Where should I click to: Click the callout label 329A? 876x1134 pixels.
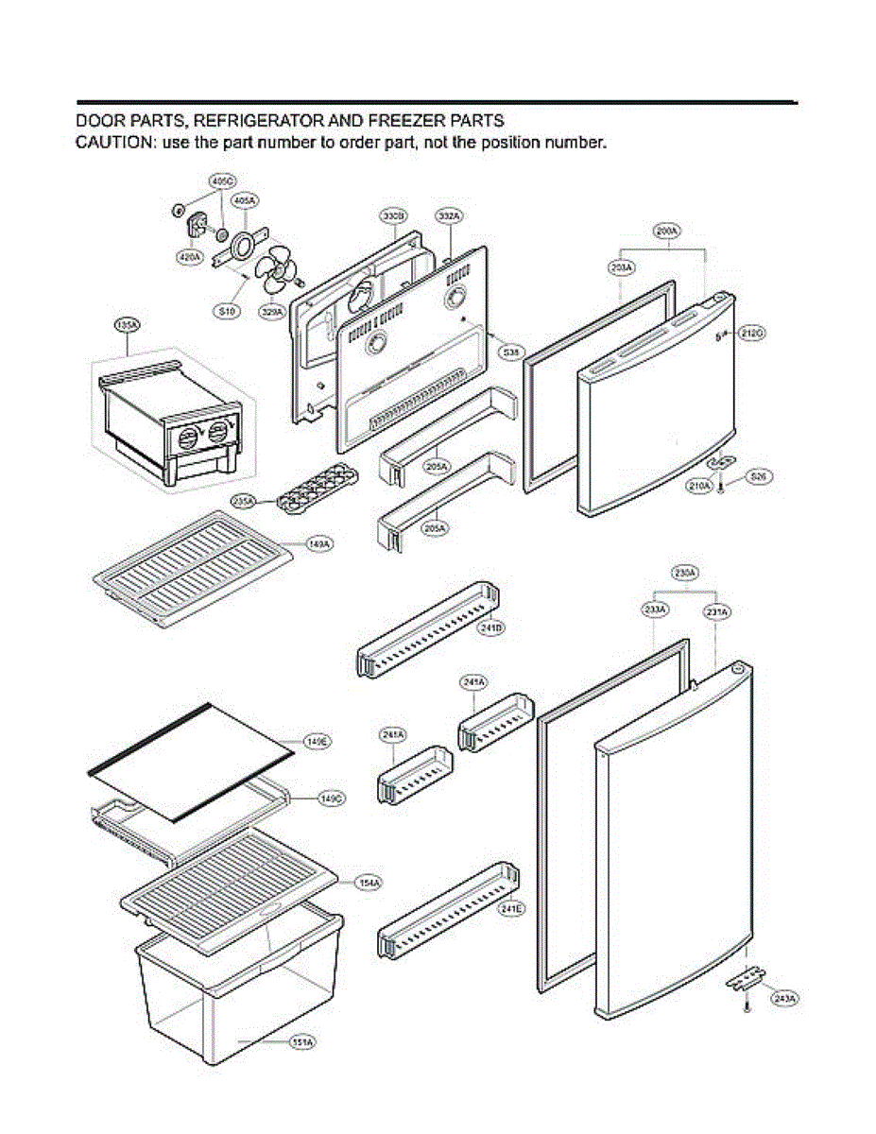pos(273,312)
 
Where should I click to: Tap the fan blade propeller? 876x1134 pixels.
pos(279,270)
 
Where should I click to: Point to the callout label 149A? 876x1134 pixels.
pos(319,545)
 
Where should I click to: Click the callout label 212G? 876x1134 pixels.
pos(752,334)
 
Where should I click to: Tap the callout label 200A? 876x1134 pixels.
pos(667,230)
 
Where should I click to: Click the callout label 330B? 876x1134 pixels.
pos(394,216)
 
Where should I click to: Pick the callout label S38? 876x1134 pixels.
pos(511,352)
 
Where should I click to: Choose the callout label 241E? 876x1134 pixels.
pos(511,909)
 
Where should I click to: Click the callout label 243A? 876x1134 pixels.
pos(783,998)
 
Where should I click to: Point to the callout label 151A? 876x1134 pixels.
pos(302,1041)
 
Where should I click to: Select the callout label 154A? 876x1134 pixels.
pos(369,883)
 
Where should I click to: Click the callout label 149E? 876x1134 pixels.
pos(317,742)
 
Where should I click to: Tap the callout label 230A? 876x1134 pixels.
pos(684,573)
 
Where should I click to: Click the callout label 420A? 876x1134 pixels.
pos(189,256)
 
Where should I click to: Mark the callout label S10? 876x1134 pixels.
pos(227,312)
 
